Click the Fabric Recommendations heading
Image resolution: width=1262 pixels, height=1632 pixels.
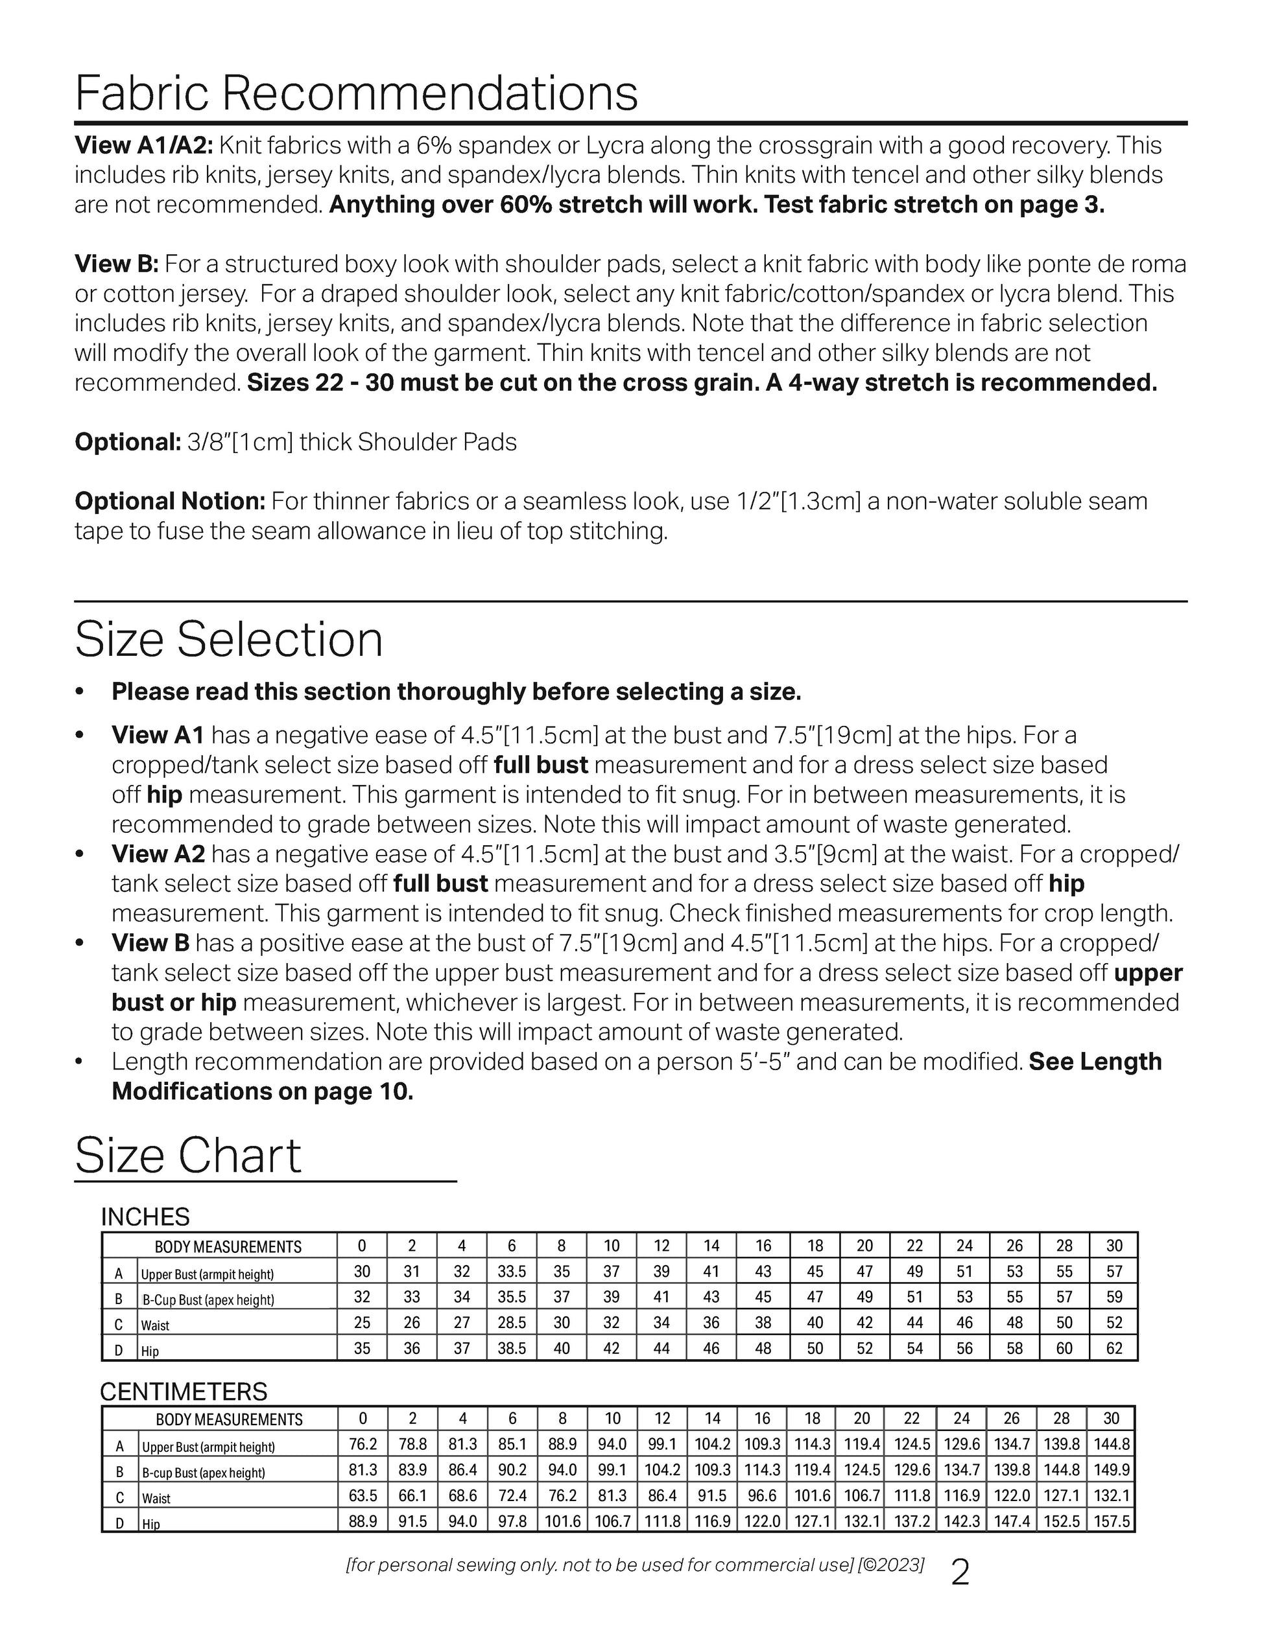356,93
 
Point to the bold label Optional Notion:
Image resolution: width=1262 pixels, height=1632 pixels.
170,502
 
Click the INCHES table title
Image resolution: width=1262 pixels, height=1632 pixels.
145,1217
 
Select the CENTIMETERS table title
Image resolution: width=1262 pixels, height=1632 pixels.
183,1392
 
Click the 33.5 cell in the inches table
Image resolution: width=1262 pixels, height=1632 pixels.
512,1272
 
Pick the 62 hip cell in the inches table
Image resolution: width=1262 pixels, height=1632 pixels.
1114,1348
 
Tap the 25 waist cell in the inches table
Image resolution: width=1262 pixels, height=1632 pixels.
362,1323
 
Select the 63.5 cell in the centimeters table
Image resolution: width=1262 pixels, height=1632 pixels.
363,1497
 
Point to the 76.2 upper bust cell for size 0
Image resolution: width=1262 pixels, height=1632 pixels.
363,1445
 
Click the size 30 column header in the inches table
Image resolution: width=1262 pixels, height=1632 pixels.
1114,1246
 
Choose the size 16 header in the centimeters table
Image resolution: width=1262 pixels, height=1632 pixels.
762,1419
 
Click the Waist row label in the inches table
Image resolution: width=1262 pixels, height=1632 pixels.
156,1325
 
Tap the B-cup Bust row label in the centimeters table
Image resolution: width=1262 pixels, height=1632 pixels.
204,1473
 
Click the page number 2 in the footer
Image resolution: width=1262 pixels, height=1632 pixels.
960,1574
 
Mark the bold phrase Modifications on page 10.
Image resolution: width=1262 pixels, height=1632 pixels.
263,1091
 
